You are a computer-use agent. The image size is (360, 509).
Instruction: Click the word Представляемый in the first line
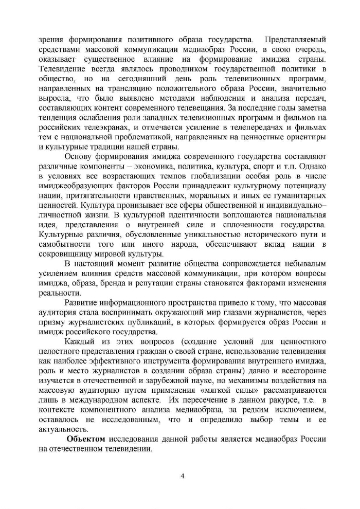click(294, 39)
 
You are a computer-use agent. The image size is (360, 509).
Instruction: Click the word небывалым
click(303, 264)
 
